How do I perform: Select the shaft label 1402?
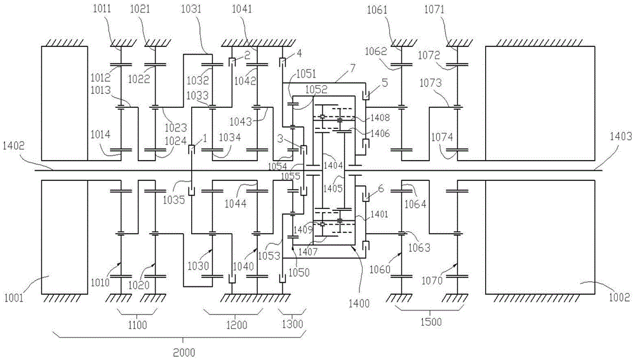(14, 163)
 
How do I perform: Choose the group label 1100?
(137, 326)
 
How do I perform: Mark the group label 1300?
(293, 326)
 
